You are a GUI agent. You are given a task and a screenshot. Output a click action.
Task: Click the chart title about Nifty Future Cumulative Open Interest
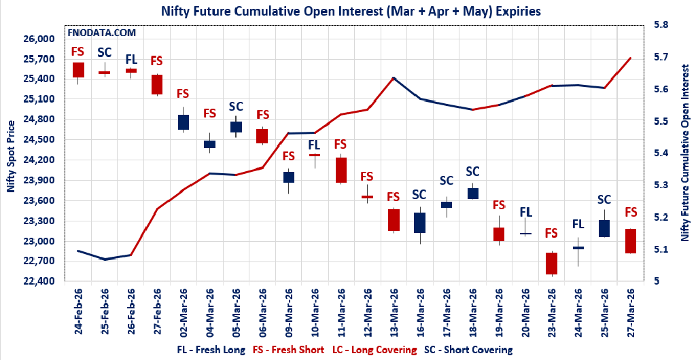pyautogui.click(x=351, y=11)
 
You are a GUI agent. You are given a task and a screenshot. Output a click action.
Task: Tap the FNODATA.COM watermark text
pyautogui.click(x=101, y=32)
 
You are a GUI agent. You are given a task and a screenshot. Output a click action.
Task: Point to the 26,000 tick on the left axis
pyautogui.click(x=39, y=39)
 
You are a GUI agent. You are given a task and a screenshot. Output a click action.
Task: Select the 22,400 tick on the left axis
pyautogui.click(x=39, y=281)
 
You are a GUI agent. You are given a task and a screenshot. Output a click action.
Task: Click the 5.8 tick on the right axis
pyautogui.click(x=661, y=25)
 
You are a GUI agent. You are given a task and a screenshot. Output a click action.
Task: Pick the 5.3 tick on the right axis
pyautogui.click(x=661, y=185)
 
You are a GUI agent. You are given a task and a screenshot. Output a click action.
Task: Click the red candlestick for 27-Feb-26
pyautogui.click(x=157, y=84)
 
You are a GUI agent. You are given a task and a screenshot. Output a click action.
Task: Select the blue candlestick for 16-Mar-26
pyautogui.click(x=419, y=223)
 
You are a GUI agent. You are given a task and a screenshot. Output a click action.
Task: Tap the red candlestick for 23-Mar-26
pyautogui.click(x=551, y=264)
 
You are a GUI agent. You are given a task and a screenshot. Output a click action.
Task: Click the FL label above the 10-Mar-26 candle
pyautogui.click(x=314, y=144)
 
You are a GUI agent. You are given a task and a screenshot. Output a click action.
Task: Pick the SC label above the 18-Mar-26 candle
pyautogui.click(x=472, y=171)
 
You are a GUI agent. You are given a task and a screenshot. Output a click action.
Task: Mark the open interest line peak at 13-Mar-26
pyautogui.click(x=394, y=78)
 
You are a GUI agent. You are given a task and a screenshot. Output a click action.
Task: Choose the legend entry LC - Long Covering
pyautogui.click(x=375, y=350)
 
